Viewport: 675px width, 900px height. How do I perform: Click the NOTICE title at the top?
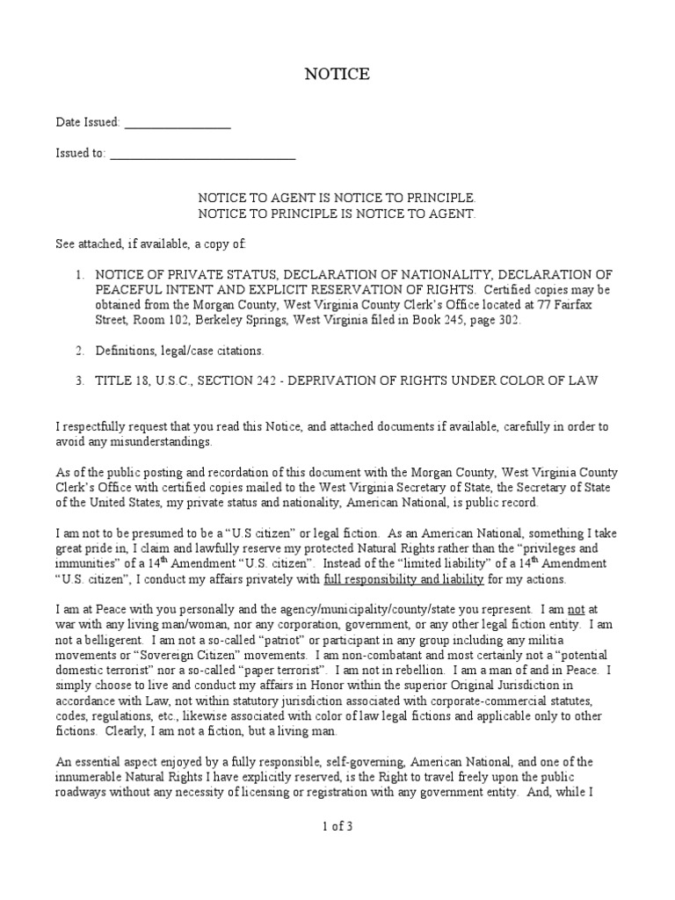point(337,75)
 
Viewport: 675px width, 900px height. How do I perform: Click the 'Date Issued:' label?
point(88,123)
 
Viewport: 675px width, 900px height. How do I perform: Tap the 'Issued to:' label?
point(80,153)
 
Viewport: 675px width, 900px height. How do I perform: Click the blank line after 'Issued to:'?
point(202,156)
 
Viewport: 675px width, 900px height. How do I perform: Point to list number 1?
point(79,274)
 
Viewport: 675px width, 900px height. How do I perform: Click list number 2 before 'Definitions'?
point(79,351)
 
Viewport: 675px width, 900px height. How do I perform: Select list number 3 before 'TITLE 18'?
point(79,381)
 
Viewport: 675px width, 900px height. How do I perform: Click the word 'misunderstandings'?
point(162,441)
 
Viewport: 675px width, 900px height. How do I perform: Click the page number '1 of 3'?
point(337,826)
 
